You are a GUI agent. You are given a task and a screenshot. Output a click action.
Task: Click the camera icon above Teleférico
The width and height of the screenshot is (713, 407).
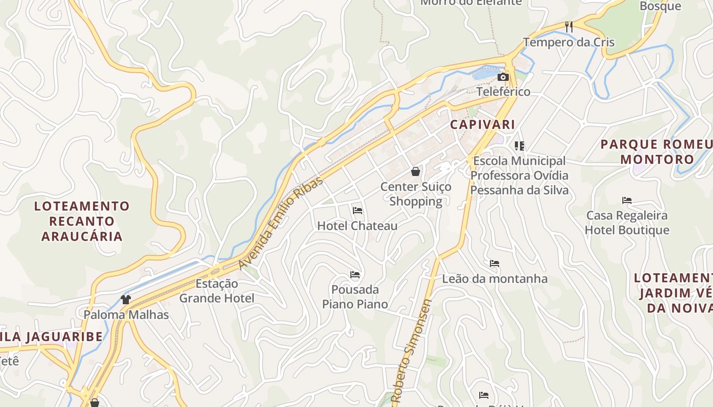click(x=503, y=77)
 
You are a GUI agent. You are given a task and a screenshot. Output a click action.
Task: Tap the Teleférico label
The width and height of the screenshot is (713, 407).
click(x=503, y=92)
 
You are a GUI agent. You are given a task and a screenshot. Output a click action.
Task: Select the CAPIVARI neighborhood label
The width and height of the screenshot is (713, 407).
click(x=482, y=124)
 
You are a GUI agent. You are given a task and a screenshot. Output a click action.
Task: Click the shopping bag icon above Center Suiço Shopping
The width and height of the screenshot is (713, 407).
click(x=416, y=171)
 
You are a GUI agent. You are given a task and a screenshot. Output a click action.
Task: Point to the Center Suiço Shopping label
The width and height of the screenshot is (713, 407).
click(x=416, y=194)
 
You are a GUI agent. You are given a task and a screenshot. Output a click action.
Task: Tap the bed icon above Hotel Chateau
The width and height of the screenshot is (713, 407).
click(x=358, y=210)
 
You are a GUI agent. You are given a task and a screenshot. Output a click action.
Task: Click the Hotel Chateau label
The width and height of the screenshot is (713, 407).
click(x=357, y=225)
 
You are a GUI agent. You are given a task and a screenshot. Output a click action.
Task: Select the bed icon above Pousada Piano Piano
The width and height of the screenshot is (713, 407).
click(x=355, y=275)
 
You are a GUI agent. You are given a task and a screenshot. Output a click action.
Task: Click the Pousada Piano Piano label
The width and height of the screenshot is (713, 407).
click(x=355, y=297)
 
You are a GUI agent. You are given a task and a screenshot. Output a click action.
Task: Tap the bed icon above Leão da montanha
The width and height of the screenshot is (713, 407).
click(x=494, y=264)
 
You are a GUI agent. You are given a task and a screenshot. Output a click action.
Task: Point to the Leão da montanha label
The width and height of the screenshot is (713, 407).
click(x=495, y=279)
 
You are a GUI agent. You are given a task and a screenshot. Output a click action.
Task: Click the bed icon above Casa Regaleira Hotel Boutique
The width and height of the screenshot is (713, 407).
click(x=627, y=200)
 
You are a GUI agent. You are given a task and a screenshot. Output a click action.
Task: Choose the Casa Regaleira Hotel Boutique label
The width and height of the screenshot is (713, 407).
click(x=627, y=223)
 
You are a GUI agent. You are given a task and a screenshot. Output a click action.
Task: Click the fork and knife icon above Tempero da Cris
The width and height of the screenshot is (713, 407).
click(x=569, y=26)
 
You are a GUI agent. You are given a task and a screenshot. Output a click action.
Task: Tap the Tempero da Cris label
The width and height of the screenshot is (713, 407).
click(x=569, y=42)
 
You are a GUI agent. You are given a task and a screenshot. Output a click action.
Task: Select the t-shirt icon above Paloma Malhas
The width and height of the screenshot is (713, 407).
click(x=126, y=299)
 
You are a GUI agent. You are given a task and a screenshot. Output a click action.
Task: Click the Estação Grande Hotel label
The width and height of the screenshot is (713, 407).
click(x=216, y=290)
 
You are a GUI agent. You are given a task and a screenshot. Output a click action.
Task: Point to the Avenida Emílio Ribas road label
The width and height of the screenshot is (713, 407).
click(x=281, y=223)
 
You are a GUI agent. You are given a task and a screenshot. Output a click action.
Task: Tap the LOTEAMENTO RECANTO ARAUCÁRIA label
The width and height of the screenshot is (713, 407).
click(x=82, y=221)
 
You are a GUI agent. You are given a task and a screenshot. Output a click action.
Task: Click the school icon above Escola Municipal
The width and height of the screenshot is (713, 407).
click(x=519, y=146)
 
